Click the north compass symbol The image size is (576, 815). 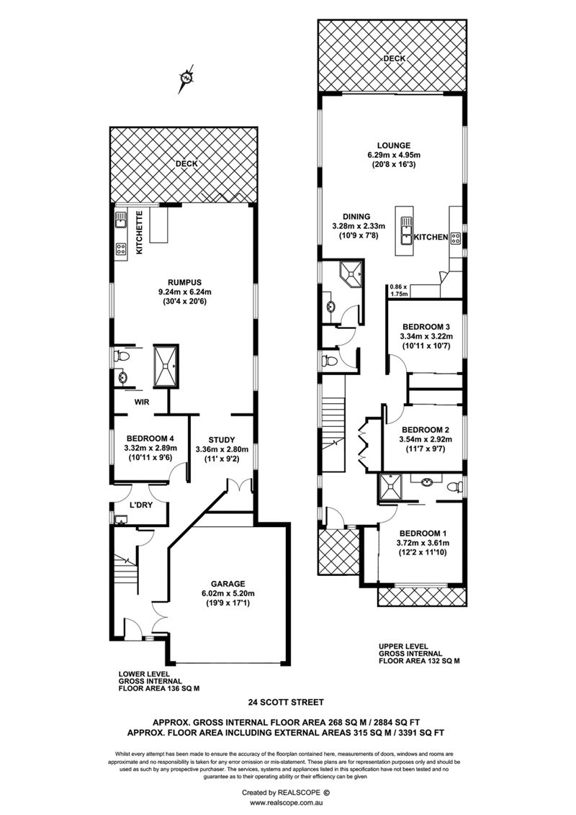(186, 78)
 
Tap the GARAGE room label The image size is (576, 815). (228, 584)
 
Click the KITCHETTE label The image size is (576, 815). (139, 233)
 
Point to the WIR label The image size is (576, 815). (142, 402)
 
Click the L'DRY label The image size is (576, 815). (141, 505)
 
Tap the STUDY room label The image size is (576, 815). (222, 440)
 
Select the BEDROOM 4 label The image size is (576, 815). (150, 438)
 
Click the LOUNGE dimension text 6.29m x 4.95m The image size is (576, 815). (394, 155)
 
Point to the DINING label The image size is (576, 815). (356, 217)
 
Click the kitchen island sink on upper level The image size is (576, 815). (404, 231)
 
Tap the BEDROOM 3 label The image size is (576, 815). (426, 327)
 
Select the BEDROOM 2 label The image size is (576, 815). (426, 430)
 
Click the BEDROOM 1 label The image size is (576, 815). (423, 533)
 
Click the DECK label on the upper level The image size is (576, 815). (394, 59)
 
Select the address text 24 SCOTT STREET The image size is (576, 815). (286, 702)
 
